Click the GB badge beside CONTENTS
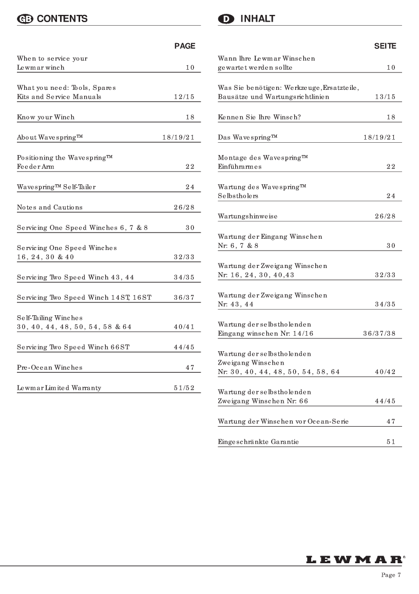[24, 19]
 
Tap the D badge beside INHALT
[226, 19]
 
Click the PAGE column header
[185, 46]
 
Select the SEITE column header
[385, 46]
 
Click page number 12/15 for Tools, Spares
[183, 97]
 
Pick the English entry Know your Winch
[46, 117]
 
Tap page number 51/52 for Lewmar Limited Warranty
[183, 388]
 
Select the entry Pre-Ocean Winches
[49, 368]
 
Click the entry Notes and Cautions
[49, 207]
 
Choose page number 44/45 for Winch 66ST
[183, 347]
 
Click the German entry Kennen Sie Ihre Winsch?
[259, 117]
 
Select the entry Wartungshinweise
[247, 216]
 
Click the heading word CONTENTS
[62, 19]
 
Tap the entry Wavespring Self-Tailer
[56, 187]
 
